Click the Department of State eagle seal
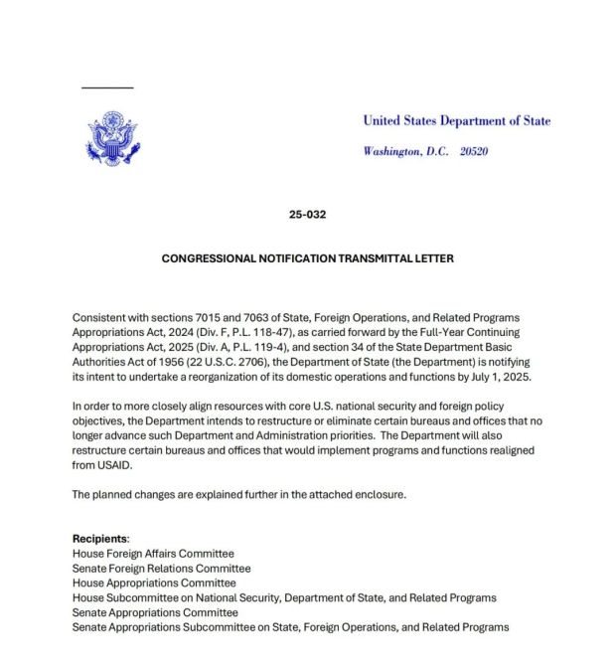coord(111,137)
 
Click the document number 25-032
coord(307,214)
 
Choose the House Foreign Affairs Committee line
coord(153,553)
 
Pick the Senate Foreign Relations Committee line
coord(161,568)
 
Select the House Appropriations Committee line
coord(154,583)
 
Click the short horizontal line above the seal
coord(107,88)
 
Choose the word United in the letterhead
coord(382,121)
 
